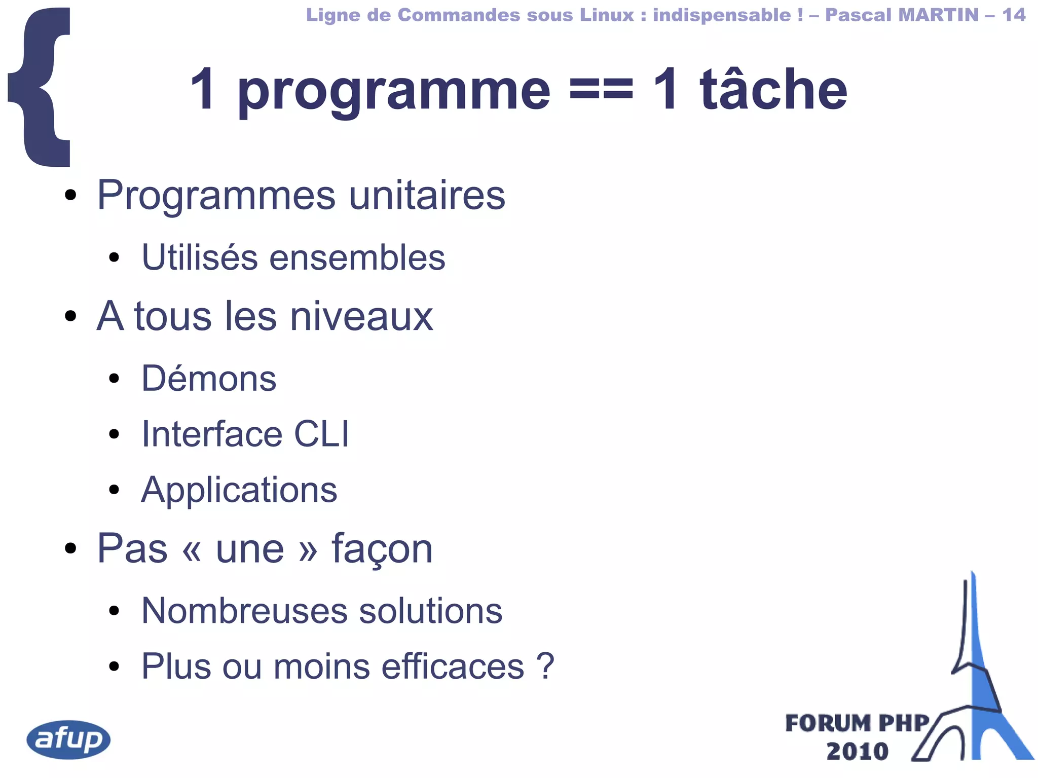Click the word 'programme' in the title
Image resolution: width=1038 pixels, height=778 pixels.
[394, 91]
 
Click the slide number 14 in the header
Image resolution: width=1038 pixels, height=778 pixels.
[1014, 15]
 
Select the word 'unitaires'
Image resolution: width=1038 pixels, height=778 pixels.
[427, 195]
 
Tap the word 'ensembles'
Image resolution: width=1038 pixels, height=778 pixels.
[357, 257]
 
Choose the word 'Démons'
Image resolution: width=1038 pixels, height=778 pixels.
[209, 379]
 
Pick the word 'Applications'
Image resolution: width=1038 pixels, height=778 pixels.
[239, 490]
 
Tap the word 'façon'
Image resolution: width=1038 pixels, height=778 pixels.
[382, 549]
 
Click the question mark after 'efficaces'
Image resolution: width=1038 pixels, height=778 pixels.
[546, 666]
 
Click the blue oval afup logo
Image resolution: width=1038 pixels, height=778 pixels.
[68, 739]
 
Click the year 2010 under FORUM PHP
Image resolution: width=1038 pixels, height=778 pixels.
[857, 751]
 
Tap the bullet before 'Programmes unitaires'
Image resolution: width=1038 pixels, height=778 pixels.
[70, 195]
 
